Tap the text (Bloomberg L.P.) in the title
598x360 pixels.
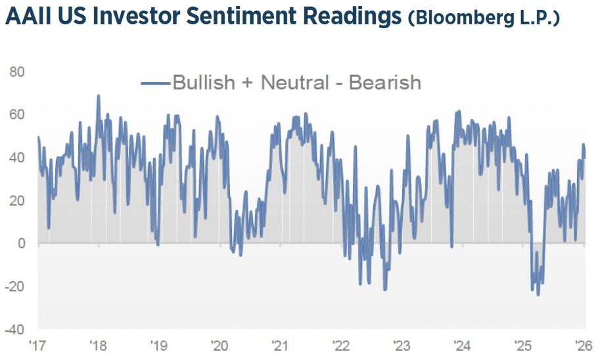coord(484,18)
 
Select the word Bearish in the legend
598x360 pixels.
coord(384,83)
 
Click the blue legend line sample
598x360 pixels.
coord(155,83)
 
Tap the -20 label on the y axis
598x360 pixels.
coord(14,286)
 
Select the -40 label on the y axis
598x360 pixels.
coord(14,329)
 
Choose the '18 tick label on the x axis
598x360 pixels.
coord(99,346)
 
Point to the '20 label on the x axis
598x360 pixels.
coord(219,346)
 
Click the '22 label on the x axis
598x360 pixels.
coord(341,346)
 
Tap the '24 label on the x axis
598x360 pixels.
coord(463,346)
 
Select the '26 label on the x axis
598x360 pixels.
coord(584,346)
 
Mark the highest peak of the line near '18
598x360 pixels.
coord(99,95)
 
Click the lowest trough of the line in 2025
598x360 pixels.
coord(538,294)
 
